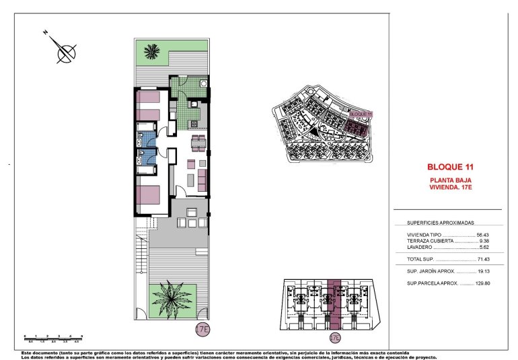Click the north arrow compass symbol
(64, 50)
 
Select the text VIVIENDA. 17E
(450, 188)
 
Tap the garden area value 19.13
(484, 271)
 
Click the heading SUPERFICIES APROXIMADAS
(441, 223)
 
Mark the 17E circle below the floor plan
(201, 330)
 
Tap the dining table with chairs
(198, 142)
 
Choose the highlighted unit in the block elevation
(334, 306)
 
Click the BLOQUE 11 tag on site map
(361, 115)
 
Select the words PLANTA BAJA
(450, 181)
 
